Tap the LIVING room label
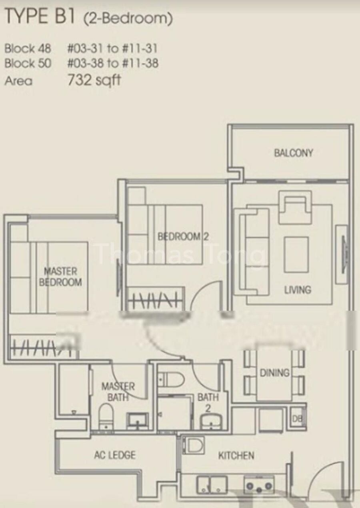point(298,290)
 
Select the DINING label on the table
point(274,373)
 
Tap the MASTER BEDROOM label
point(60,277)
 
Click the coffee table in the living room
point(297,255)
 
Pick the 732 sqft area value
point(94,80)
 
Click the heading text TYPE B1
point(40,17)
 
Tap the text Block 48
point(28,49)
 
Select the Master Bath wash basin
point(138,421)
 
